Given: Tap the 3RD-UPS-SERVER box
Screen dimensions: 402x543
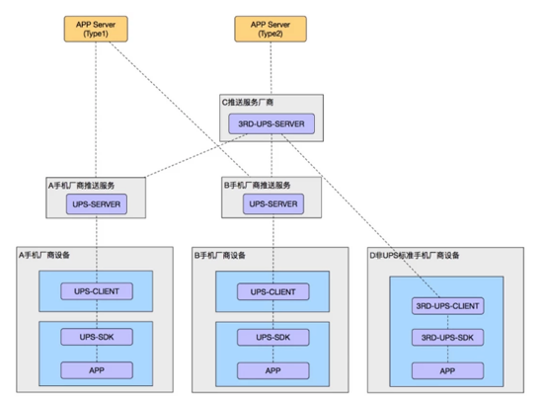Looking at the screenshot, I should click(x=271, y=124).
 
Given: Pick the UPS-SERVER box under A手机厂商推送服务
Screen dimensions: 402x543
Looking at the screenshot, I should click(x=96, y=205).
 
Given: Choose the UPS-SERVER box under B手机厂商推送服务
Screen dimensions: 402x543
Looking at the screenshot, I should click(x=271, y=205).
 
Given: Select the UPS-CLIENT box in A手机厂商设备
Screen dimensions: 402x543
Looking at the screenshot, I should click(x=96, y=291).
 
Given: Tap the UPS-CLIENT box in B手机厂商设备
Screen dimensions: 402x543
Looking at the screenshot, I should click(x=271, y=291).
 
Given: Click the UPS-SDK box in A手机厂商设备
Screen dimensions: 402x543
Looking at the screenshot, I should click(x=96, y=337).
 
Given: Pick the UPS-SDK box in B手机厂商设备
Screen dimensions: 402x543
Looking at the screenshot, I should click(x=271, y=337).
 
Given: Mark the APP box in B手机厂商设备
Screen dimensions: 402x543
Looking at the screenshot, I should click(x=271, y=370).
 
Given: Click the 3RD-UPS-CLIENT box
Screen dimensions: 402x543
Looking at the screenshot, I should click(x=447, y=306).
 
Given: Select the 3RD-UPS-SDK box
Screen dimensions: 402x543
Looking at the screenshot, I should click(x=447, y=339).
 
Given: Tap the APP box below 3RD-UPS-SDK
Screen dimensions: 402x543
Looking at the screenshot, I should click(x=447, y=370).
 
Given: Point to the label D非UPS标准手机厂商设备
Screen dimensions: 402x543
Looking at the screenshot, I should click(x=415, y=255).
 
